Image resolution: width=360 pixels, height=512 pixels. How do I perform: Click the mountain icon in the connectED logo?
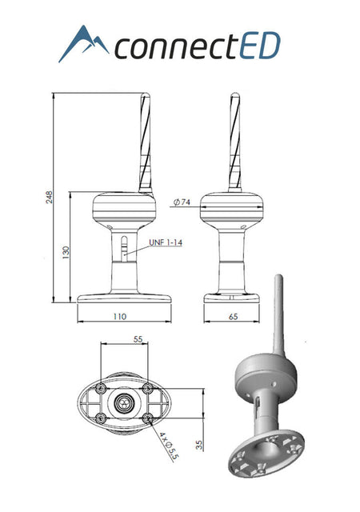point(83,43)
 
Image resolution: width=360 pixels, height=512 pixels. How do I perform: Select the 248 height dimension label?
point(49,198)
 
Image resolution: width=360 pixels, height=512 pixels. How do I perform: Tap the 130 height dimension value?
point(66,253)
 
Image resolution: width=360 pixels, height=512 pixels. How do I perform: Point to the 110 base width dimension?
point(119,317)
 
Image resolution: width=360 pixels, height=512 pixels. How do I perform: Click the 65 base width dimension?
point(234,317)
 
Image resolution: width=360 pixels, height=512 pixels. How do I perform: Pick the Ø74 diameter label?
point(182,202)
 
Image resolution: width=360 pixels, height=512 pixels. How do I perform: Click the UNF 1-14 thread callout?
point(166,242)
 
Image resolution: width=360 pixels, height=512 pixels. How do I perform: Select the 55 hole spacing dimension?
point(138,339)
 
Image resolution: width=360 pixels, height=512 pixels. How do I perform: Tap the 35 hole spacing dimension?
point(200,445)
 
